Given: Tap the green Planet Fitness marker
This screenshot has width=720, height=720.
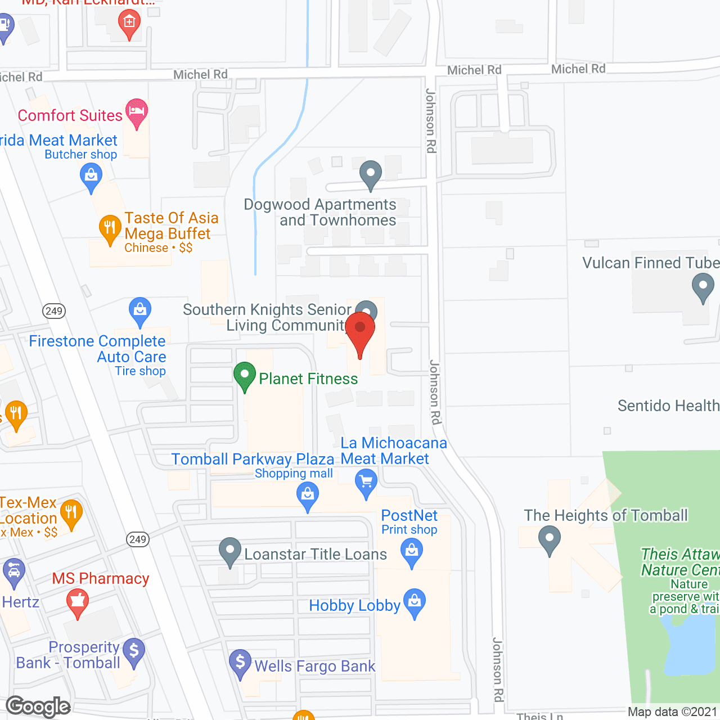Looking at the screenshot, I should pyautogui.click(x=245, y=375).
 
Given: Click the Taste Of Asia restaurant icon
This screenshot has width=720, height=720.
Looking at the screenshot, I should pyautogui.click(x=110, y=228).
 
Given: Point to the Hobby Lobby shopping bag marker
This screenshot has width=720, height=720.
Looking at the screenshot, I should pyautogui.click(x=415, y=602).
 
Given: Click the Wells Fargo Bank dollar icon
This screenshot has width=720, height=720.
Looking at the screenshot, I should pyautogui.click(x=240, y=663).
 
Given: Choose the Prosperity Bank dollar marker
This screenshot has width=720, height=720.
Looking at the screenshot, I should pyautogui.click(x=134, y=651).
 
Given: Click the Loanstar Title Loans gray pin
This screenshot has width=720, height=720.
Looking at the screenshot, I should pyautogui.click(x=229, y=551).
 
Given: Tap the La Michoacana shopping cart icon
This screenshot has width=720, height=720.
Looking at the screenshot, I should pyautogui.click(x=366, y=483).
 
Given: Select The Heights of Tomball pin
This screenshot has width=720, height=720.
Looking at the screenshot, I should pyautogui.click(x=550, y=539).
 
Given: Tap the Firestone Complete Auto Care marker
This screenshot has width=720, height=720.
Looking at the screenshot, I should pyautogui.click(x=139, y=310).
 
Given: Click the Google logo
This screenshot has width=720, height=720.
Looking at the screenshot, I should pyautogui.click(x=38, y=706).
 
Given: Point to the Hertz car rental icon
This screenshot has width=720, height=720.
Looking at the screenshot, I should pyautogui.click(x=13, y=571).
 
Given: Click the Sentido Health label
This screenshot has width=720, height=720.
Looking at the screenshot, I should pyautogui.click(x=668, y=406).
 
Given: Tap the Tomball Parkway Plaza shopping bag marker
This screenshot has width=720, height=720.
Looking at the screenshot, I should pyautogui.click(x=308, y=496).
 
